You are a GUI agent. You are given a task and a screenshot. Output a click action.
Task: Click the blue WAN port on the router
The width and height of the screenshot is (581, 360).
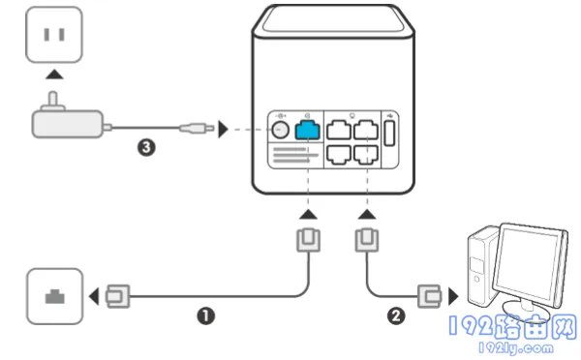(307, 130)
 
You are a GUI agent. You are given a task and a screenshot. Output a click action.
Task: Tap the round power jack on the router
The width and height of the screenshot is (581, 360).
(280, 130)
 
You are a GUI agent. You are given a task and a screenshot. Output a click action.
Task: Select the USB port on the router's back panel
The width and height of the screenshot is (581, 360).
(389, 134)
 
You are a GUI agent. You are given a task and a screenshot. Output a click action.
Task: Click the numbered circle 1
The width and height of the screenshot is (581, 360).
(205, 315)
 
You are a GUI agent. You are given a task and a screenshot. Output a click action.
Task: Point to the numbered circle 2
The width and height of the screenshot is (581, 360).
(396, 315)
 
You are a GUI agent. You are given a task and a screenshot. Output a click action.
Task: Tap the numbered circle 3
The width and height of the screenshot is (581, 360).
(146, 147)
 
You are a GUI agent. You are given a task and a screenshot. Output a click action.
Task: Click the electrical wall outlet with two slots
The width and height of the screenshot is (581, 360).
(54, 35)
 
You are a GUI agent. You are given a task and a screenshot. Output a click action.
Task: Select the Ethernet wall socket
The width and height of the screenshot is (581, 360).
(55, 296)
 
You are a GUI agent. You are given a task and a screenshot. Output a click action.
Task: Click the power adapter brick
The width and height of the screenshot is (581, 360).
(68, 124)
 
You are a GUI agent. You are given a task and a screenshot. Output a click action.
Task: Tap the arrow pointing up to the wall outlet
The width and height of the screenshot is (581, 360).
(54, 75)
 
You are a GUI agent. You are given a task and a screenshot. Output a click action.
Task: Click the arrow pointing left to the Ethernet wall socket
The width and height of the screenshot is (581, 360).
(94, 296)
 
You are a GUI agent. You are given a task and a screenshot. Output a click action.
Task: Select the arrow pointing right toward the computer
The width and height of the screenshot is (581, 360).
(453, 296)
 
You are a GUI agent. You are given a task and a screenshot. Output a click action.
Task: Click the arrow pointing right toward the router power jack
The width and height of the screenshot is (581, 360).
(223, 130)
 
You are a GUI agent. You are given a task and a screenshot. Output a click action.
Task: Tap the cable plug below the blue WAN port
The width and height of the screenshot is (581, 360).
(308, 240)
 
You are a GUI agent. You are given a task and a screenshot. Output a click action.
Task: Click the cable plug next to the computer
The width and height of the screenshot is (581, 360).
(430, 296)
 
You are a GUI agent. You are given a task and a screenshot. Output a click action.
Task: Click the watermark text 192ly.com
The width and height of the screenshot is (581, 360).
(516, 348)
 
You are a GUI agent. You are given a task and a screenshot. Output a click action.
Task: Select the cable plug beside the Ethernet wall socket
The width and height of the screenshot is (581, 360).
(118, 296)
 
